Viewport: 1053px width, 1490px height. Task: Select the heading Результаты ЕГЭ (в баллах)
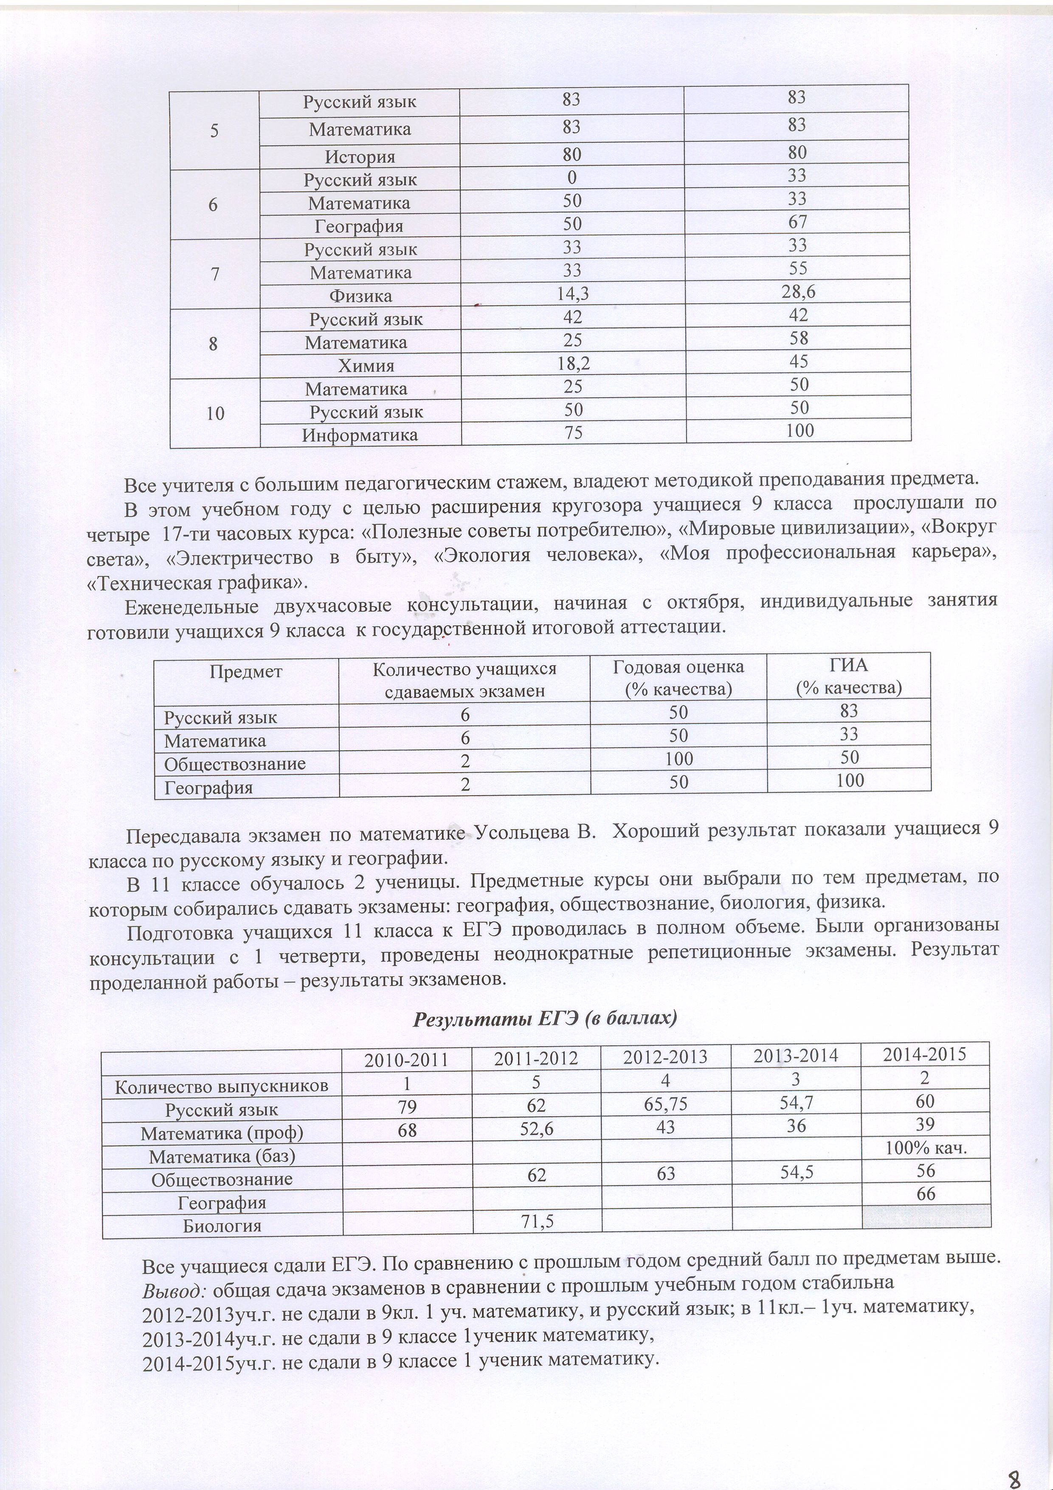click(x=545, y=1018)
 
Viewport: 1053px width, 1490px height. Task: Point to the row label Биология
click(x=222, y=1226)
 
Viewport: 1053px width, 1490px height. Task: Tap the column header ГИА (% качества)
click(x=849, y=676)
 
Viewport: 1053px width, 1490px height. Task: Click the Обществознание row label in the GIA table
click(x=234, y=764)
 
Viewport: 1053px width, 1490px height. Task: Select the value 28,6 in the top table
click(x=798, y=292)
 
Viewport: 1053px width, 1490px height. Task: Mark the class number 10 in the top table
click(x=215, y=413)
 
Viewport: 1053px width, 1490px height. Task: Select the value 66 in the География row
click(x=926, y=1194)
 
